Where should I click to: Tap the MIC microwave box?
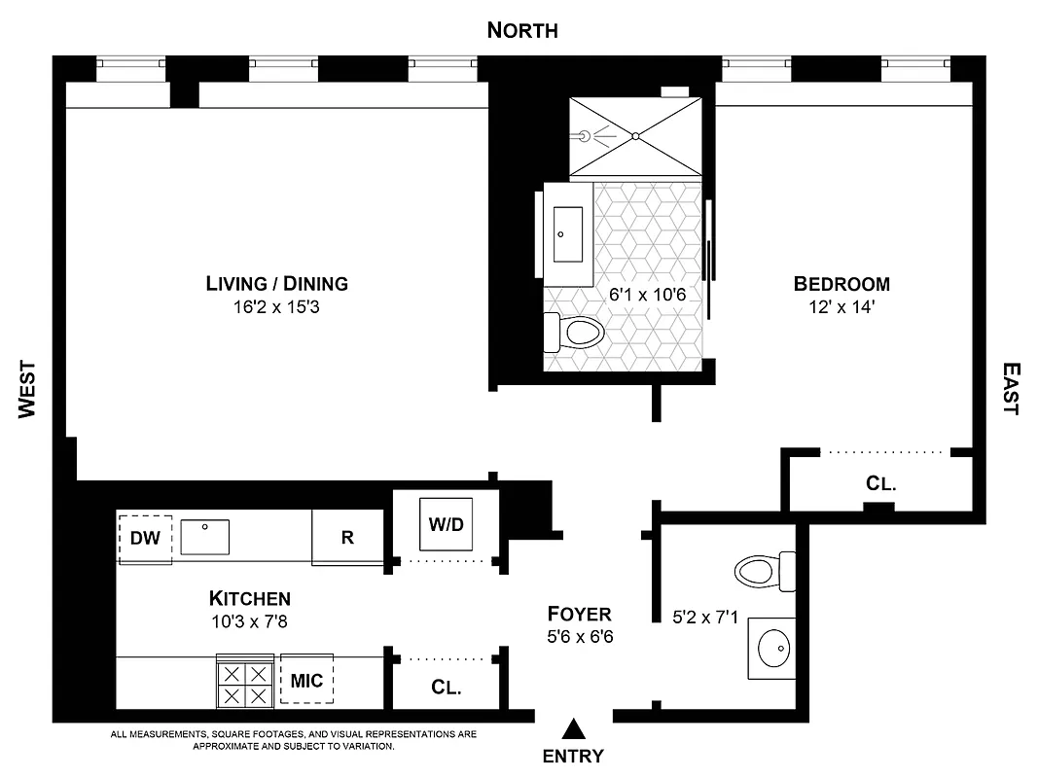306,678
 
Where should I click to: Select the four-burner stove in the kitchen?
244,684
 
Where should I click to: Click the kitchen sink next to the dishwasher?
204,536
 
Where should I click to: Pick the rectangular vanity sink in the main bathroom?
567,234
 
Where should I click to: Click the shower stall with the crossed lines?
634,137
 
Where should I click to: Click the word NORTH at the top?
522,31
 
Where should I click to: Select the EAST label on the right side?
1011,389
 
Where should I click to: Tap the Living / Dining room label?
276,284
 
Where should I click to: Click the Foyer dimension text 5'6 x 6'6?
579,637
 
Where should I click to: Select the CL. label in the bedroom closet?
880,483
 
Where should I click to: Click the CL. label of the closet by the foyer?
446,688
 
